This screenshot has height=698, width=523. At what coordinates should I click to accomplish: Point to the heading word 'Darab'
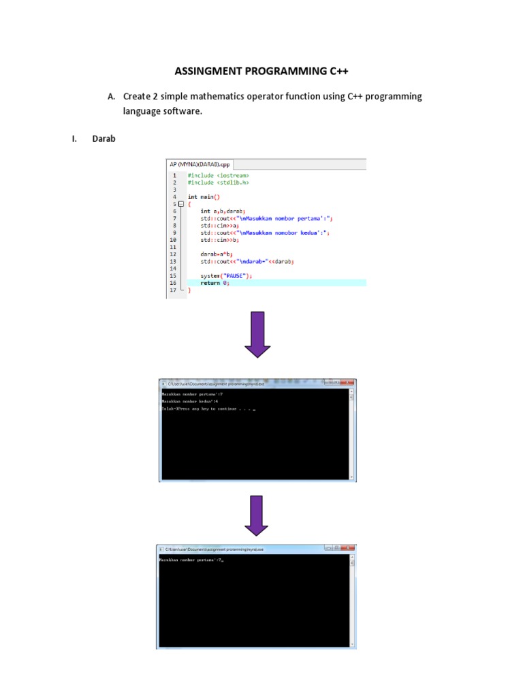point(104,139)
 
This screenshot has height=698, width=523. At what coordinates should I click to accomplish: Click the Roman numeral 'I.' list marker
point(75,139)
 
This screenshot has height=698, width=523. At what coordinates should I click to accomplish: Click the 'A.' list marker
point(112,97)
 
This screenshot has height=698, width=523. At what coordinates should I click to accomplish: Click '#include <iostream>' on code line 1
point(213,175)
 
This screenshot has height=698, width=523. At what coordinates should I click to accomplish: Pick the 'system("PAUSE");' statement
point(226,275)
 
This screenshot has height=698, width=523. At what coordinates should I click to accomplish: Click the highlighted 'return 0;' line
point(215,283)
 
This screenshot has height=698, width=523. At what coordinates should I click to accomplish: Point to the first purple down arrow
point(257,334)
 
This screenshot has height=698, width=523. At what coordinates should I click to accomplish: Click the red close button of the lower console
point(347,548)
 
